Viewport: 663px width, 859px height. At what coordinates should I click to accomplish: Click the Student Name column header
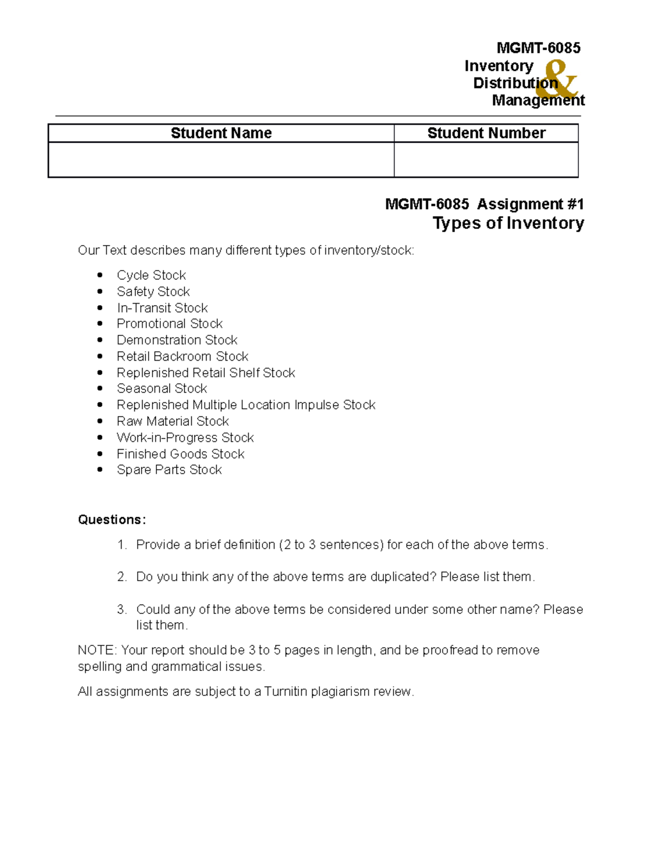click(221, 133)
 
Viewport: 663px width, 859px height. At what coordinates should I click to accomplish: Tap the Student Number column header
click(486, 133)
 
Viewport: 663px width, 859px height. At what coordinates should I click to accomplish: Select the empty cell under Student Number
click(486, 160)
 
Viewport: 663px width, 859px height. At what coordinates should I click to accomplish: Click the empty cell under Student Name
click(221, 160)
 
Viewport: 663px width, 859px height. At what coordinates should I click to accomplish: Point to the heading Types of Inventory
click(508, 223)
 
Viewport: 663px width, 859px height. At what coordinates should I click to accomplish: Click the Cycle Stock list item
click(151, 275)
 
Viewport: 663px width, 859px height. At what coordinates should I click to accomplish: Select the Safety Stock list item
click(153, 291)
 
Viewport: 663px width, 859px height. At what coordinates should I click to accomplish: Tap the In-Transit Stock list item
click(162, 308)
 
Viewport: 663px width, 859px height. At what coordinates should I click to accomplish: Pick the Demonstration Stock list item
click(177, 340)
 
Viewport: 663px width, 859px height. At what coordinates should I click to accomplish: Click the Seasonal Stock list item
click(161, 389)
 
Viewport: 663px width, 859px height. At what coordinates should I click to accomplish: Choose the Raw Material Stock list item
click(172, 421)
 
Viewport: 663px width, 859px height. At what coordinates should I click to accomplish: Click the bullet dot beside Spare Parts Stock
click(100, 470)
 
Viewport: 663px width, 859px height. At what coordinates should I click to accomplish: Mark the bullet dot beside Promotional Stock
click(100, 324)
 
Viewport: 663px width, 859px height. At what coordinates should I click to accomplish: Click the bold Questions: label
click(112, 520)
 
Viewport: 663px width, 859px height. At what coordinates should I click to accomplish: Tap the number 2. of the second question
click(122, 577)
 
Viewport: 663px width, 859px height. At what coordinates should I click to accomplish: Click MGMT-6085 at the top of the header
click(538, 48)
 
